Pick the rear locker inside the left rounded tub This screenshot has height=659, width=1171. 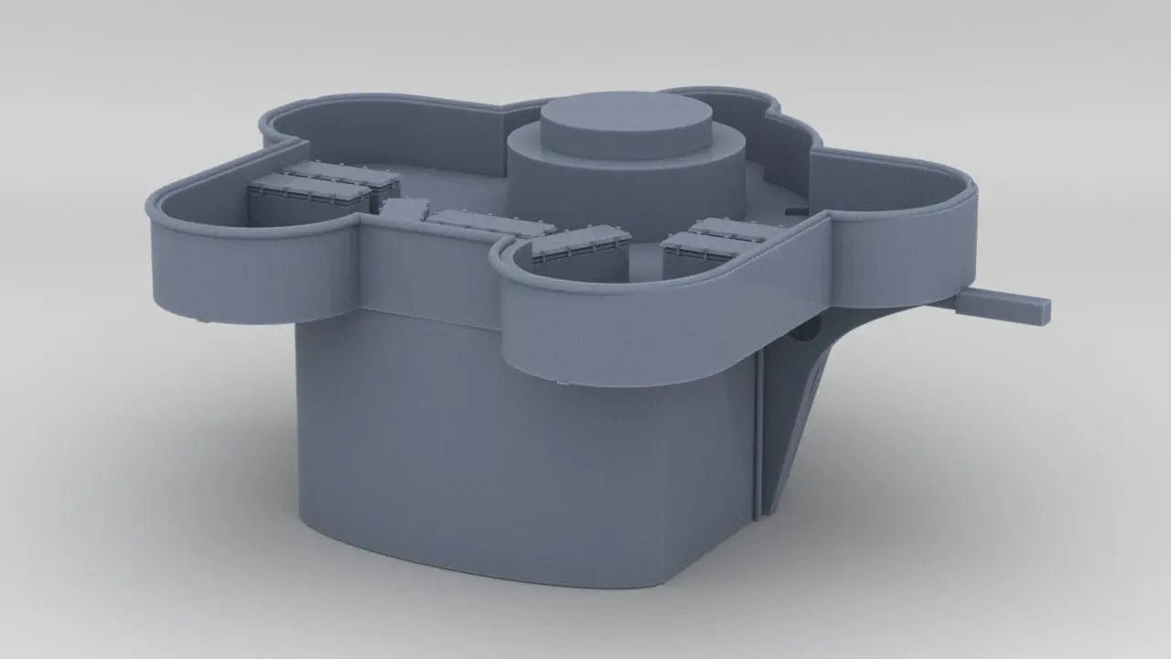click(x=343, y=178)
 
